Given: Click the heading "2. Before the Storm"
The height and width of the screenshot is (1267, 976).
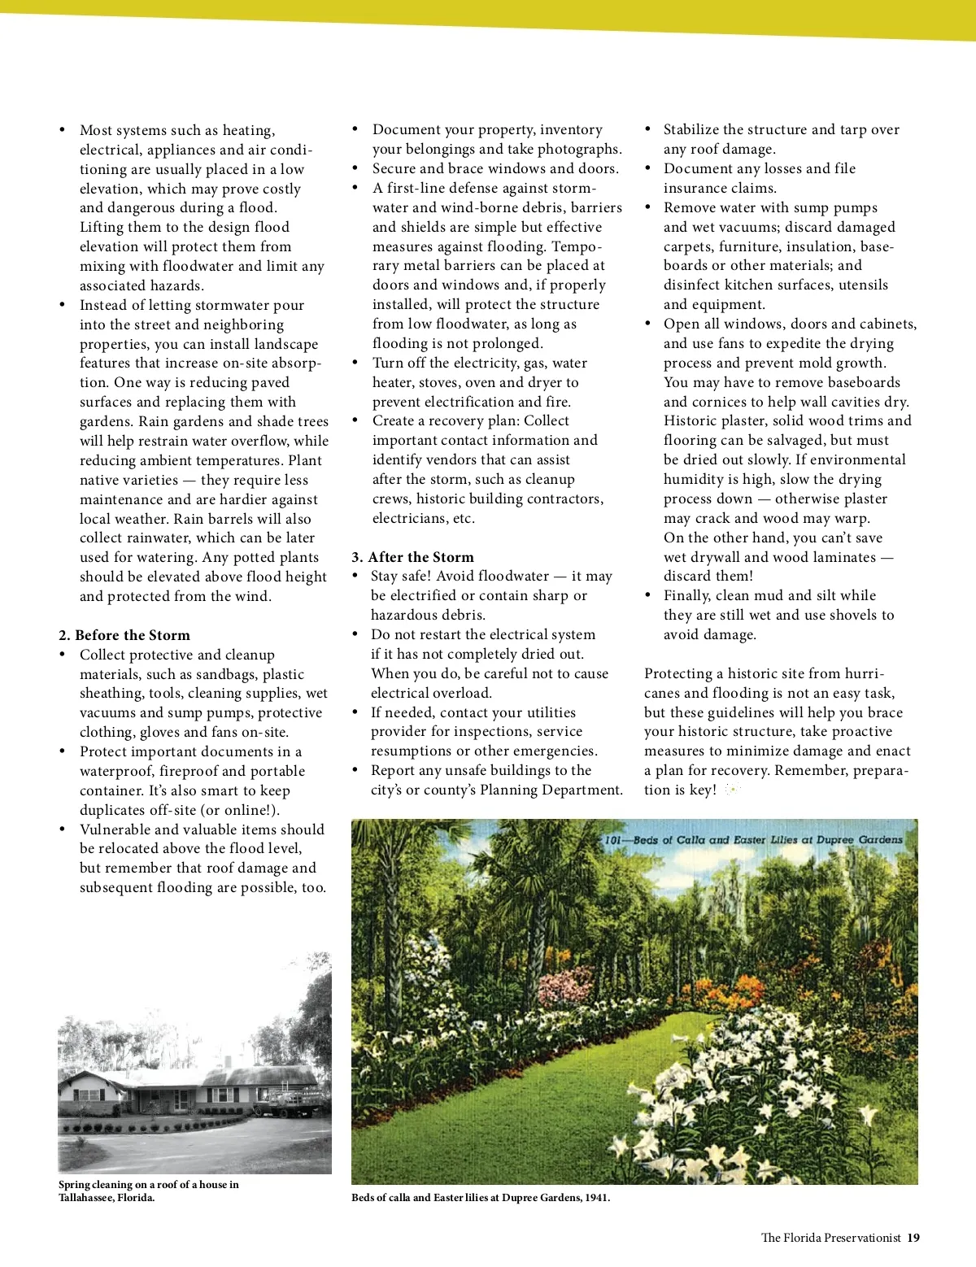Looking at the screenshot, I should point(124,635).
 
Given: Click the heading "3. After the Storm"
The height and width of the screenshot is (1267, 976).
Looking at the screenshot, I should point(412,557).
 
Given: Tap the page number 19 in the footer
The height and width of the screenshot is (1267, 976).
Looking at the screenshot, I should point(913,1238).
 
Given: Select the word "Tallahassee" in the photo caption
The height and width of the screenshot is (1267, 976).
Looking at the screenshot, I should point(85,1198).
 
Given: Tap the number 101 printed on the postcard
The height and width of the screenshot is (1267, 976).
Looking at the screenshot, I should point(614,840).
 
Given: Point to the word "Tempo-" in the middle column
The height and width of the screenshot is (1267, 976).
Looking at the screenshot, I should point(577,246).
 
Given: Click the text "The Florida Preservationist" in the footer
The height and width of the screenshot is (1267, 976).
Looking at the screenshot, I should point(830,1238).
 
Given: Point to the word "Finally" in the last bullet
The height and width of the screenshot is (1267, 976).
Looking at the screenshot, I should point(686,595).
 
